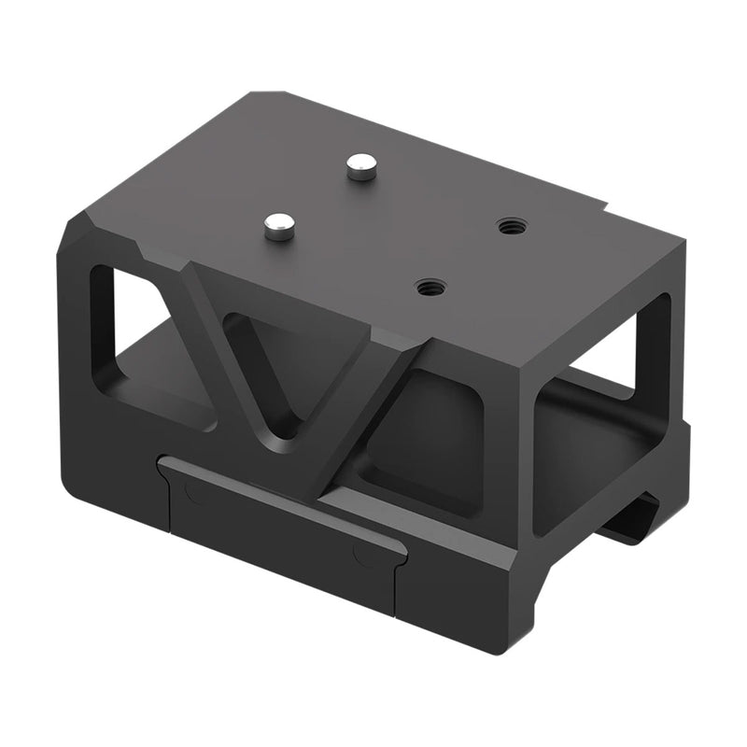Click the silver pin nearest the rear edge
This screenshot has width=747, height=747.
[359, 168]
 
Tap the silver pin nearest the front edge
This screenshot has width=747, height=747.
[278, 224]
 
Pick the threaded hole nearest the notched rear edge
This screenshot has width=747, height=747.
[510, 226]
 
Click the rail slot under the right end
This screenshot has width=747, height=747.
[635, 523]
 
